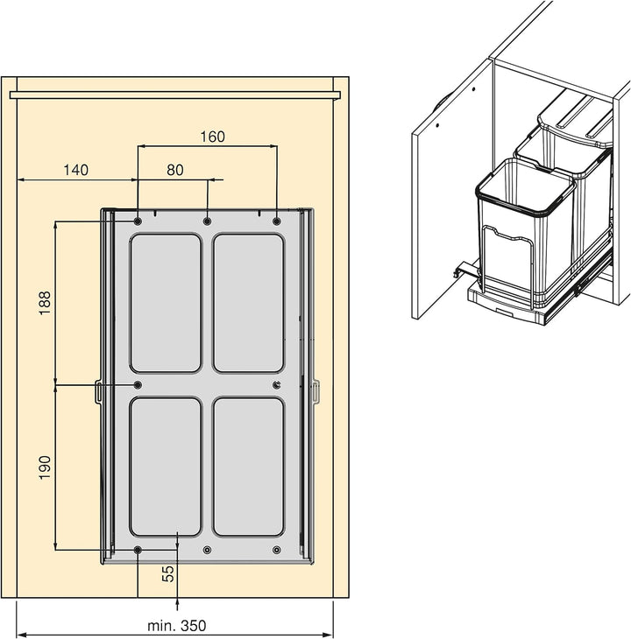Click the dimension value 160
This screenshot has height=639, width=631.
[212, 137]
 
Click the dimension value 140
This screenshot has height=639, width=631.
[76, 170]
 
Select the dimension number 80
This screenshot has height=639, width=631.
[175, 170]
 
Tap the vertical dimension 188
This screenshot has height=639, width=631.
[45, 302]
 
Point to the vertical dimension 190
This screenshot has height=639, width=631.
[45, 467]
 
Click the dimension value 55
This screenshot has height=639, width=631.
[168, 574]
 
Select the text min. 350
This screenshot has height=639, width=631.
[177, 626]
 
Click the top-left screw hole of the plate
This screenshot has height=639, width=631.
[138, 221]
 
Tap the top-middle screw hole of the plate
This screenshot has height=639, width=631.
[207, 221]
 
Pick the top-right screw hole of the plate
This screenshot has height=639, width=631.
[277, 221]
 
